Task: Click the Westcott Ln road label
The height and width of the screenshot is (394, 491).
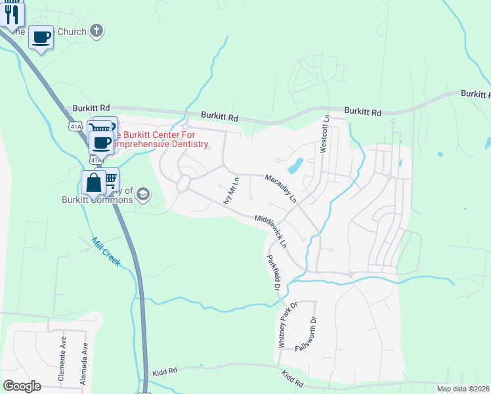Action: (x=324, y=135)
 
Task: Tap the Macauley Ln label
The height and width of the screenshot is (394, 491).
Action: (x=281, y=187)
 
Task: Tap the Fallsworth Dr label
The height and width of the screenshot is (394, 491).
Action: (x=307, y=334)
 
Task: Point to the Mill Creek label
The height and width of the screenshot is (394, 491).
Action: (x=106, y=252)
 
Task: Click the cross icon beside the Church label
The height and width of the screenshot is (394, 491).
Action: (x=96, y=30)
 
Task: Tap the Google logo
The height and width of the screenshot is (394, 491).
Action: (x=22, y=386)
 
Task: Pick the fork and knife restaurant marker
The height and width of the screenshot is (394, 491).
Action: (x=12, y=14)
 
